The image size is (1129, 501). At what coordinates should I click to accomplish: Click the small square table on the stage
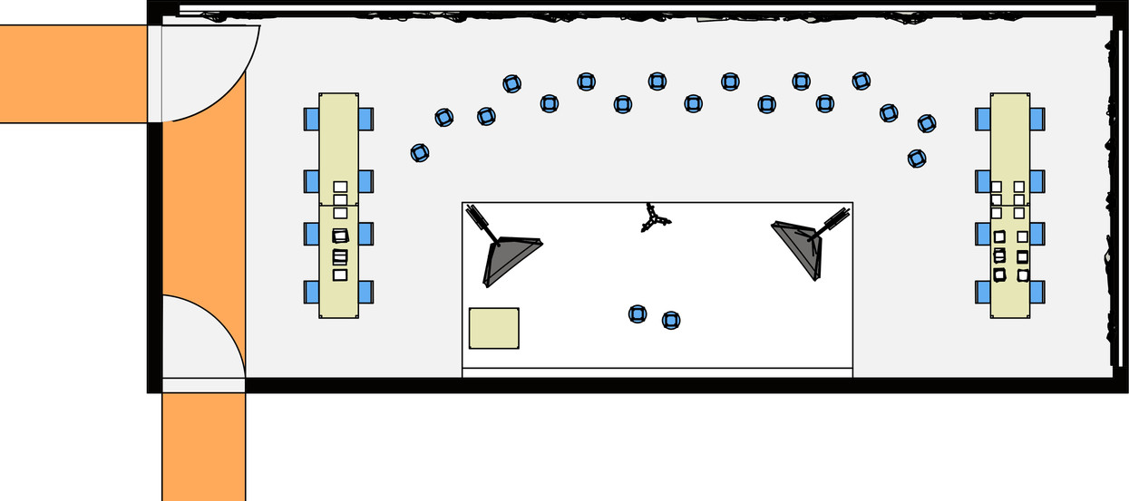pyautogui.click(x=493, y=328)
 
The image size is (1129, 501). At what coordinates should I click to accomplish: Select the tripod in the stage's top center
pyautogui.click(x=654, y=218)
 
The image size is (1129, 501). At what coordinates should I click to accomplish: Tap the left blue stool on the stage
pyautogui.click(x=637, y=314)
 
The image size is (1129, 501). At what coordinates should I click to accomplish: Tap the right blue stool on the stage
pyautogui.click(x=671, y=320)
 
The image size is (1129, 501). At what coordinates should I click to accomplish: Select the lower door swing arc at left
pyautogui.click(x=204, y=340)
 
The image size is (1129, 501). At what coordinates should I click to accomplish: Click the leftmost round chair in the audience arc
pyautogui.click(x=419, y=153)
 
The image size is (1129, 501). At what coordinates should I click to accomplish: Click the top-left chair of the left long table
pyautogui.click(x=312, y=119)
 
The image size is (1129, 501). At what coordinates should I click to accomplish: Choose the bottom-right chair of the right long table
pyautogui.click(x=1037, y=292)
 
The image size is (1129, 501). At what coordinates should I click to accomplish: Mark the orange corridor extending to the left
pyautogui.click(x=73, y=73)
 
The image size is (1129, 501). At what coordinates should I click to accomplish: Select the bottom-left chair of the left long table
pyautogui.click(x=312, y=292)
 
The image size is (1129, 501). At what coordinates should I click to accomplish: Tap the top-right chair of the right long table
pyautogui.click(x=1037, y=119)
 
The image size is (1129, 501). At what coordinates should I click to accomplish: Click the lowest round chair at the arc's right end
pyautogui.click(x=917, y=159)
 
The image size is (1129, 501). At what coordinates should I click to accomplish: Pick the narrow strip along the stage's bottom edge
pyautogui.click(x=657, y=372)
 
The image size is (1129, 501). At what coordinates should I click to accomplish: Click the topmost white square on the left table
pyautogui.click(x=340, y=187)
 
